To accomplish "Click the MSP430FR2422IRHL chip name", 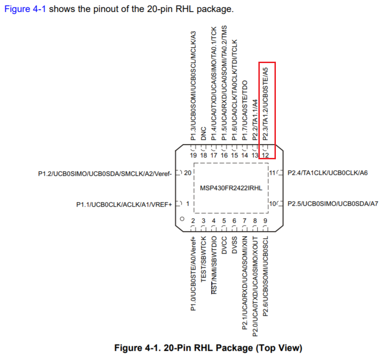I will click(231, 188).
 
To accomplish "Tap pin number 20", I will click(187, 174).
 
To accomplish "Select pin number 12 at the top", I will click(265, 155).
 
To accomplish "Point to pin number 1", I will click(187, 203).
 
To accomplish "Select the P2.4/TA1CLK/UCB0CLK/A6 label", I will click(327, 174).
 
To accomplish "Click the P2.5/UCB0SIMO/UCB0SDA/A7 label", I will click(332, 203).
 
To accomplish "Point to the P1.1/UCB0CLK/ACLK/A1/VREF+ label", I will click(124, 203).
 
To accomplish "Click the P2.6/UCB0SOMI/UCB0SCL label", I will click(266, 275).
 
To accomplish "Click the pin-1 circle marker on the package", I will click(182, 219).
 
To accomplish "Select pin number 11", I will click(273, 174).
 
